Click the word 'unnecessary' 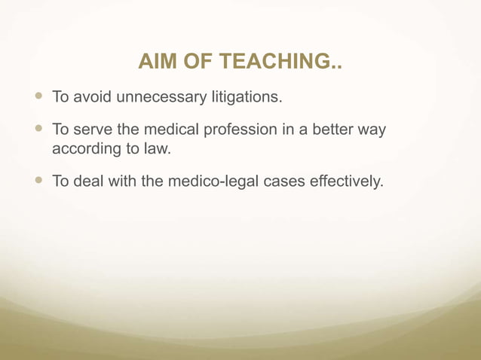click(155, 97)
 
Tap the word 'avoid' click(92, 97)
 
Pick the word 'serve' click(93, 130)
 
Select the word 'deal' click(90, 182)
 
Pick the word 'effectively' click(340, 182)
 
